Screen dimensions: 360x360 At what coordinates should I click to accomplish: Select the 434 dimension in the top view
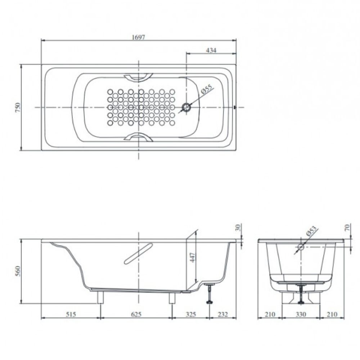(211, 50)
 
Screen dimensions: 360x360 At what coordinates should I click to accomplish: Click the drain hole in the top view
(186, 107)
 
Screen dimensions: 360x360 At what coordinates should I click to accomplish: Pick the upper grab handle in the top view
(139, 77)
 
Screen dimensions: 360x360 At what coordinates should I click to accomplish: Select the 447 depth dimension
(192, 257)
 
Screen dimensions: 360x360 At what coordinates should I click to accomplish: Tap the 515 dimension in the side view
(71, 314)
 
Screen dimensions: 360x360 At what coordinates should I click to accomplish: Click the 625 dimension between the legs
(136, 314)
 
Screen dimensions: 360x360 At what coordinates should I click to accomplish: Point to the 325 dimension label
(190, 314)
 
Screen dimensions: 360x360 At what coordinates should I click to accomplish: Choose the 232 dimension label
(223, 314)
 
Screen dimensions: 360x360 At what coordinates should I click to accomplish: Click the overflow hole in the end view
(301, 247)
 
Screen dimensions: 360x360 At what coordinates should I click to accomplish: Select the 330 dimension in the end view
(301, 314)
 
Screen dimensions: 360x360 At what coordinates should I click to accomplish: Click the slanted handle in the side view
(138, 253)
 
